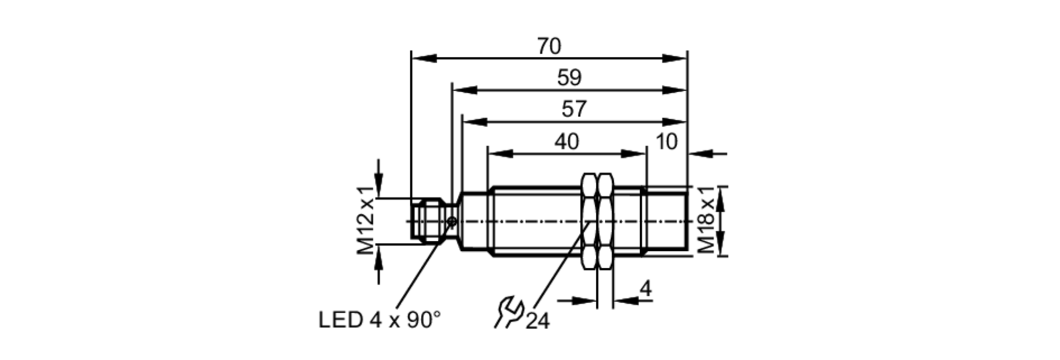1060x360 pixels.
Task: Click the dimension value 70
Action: click(x=549, y=47)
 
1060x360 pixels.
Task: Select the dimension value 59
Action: click(x=569, y=78)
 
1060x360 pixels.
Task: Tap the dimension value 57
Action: click(x=574, y=110)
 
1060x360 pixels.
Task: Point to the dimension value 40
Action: click(x=567, y=142)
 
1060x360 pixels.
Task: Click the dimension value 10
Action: click(x=666, y=142)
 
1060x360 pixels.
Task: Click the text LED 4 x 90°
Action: click(x=379, y=320)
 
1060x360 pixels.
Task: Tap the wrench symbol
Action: click(x=508, y=313)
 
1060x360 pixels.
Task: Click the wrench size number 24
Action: click(x=537, y=321)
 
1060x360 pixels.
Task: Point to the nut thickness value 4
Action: click(x=646, y=289)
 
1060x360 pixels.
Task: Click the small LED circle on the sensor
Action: click(x=452, y=221)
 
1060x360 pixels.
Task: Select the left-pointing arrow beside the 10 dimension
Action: click(x=700, y=154)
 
